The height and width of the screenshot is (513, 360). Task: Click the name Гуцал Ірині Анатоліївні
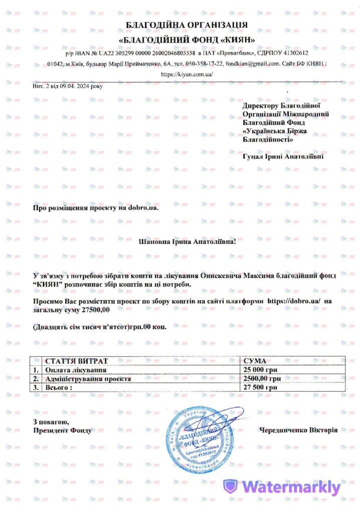pyautogui.click(x=283, y=157)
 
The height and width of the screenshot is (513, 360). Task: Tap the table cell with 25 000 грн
pyautogui.click(x=261, y=370)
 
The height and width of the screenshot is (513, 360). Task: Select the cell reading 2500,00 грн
pyautogui.click(x=262, y=378)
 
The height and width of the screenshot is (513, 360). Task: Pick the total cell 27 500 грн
pyautogui.click(x=261, y=387)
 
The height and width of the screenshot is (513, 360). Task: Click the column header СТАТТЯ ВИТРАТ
pyautogui.click(x=76, y=361)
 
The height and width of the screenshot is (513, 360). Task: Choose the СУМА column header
pyautogui.click(x=255, y=361)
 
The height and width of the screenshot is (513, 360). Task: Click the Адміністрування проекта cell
pyautogui.click(x=88, y=378)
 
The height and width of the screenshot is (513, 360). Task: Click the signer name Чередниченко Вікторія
pyautogui.click(x=299, y=430)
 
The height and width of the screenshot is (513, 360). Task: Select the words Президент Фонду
pyautogui.click(x=63, y=430)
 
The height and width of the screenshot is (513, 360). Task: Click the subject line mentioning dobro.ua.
pyautogui.click(x=95, y=207)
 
